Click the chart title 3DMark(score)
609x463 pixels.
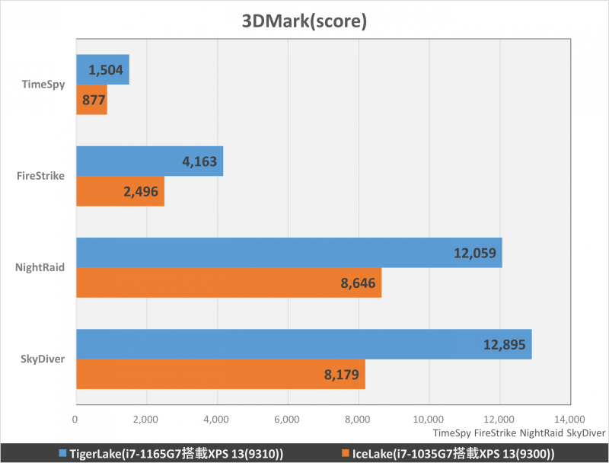(x=304, y=21)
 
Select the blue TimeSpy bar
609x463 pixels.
(x=103, y=70)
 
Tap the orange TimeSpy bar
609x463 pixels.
(x=91, y=100)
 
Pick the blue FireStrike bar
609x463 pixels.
(x=150, y=161)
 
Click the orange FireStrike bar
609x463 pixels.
(x=120, y=191)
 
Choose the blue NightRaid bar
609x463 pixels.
(x=289, y=253)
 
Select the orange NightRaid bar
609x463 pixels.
(x=228, y=283)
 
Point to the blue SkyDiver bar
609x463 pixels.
(x=304, y=344)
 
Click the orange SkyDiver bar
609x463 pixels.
(x=221, y=374)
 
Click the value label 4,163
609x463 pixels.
(x=199, y=161)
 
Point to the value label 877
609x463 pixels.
(x=91, y=100)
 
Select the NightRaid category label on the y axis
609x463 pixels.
(x=40, y=267)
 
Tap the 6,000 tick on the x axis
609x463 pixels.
(x=288, y=419)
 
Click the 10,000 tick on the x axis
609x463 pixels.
(x=429, y=419)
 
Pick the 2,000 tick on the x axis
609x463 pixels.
(x=146, y=419)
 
